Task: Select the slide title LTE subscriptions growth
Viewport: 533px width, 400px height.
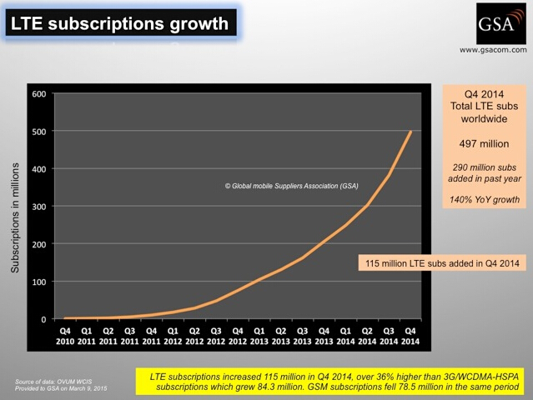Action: click(118, 22)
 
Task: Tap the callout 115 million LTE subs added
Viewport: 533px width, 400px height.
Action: click(441, 263)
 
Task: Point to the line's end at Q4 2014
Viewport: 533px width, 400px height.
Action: click(411, 132)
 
